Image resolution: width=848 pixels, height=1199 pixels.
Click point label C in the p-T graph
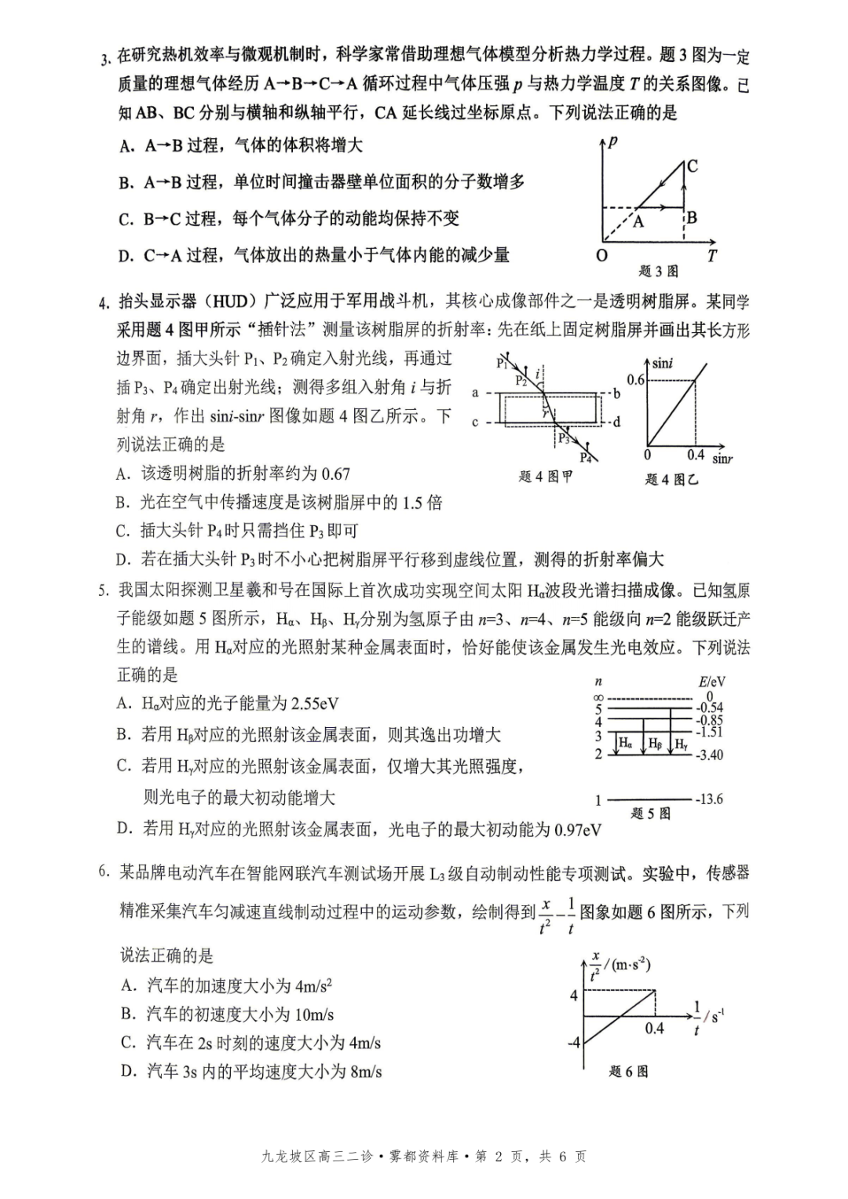tap(692, 166)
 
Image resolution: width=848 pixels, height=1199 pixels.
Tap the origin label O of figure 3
tap(601, 256)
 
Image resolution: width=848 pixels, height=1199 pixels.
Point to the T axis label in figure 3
tap(711, 255)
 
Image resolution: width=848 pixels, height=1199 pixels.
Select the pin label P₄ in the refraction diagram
tap(586, 457)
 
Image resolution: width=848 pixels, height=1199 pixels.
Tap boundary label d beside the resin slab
tap(616, 422)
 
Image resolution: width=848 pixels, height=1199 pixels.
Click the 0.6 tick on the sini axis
tap(635, 380)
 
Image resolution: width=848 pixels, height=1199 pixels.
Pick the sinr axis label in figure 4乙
tap(722, 458)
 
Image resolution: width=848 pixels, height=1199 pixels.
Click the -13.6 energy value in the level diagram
tap(708, 799)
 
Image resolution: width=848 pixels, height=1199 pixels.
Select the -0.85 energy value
tap(709, 720)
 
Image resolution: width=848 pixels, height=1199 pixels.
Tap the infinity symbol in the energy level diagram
tap(598, 697)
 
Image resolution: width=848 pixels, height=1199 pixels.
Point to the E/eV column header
tap(711, 682)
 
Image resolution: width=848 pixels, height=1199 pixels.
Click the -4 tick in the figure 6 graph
tap(574, 1043)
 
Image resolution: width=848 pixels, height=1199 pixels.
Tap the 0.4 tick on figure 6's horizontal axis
tap(654, 1028)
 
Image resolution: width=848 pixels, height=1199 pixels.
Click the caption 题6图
tap(629, 1071)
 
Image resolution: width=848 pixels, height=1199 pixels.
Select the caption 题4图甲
tap(546, 477)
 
